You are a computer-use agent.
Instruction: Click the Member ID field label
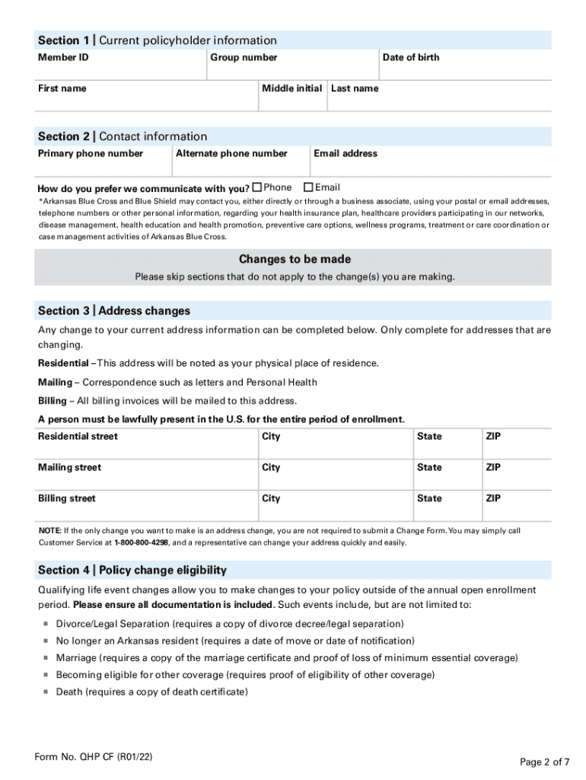click(63, 57)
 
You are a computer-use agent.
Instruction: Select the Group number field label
click(244, 57)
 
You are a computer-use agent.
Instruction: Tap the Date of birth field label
click(410, 57)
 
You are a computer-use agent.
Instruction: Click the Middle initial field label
click(291, 88)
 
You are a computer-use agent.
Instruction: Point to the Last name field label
click(354, 88)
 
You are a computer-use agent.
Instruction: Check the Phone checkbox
click(257, 187)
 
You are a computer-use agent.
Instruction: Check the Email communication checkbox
click(308, 187)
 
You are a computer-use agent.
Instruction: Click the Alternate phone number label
click(231, 153)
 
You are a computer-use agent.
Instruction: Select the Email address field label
click(345, 153)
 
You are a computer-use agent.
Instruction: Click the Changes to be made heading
click(295, 259)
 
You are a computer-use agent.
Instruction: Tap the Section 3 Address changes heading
click(114, 311)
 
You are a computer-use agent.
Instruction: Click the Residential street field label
click(78, 436)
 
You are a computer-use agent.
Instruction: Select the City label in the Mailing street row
click(271, 468)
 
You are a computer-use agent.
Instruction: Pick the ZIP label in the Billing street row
click(493, 498)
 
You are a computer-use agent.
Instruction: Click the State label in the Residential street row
click(428, 436)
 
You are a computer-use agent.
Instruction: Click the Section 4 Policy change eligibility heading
click(132, 570)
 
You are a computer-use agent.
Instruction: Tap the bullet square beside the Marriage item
click(45, 658)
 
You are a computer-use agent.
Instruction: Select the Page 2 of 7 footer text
click(544, 762)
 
